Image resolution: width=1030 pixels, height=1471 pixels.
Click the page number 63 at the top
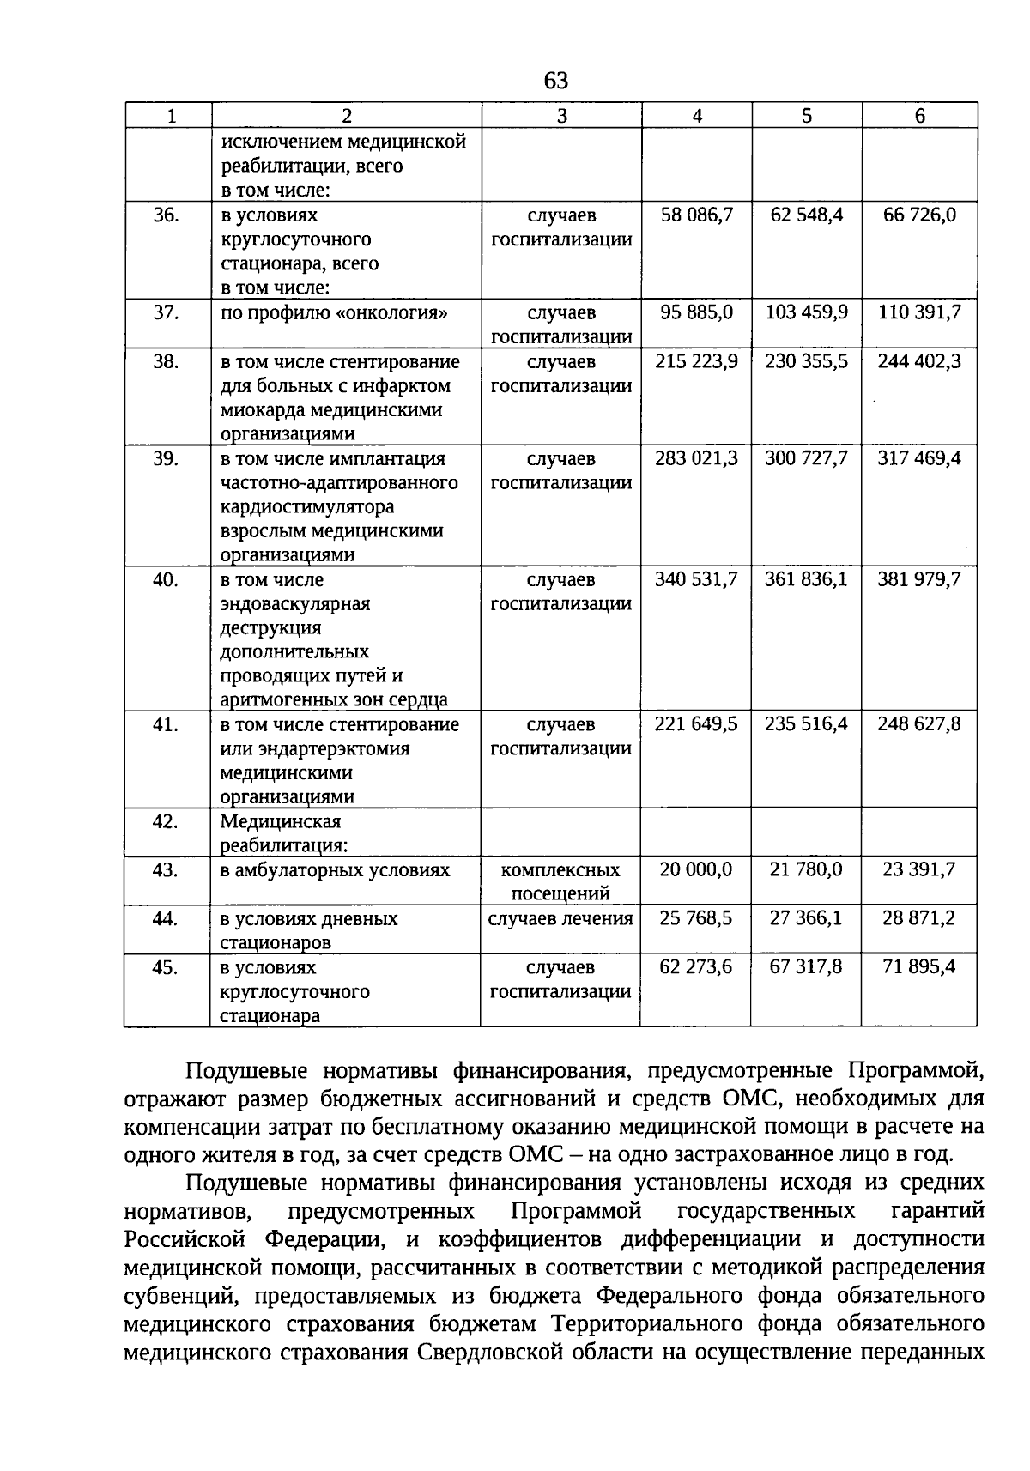[556, 81]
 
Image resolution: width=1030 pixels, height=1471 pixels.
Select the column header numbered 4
[697, 117]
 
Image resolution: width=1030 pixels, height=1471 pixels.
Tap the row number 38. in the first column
[166, 362]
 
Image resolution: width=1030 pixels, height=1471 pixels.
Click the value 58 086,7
[697, 215]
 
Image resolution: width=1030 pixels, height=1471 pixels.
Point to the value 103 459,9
[806, 312]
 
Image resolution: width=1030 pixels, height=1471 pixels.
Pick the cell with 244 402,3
[919, 362]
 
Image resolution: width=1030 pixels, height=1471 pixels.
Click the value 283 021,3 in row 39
[697, 458]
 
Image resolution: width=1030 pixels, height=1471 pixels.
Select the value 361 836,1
[806, 579]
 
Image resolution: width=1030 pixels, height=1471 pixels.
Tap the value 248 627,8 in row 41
[919, 724]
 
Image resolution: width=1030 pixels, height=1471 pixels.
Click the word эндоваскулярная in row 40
[295, 604]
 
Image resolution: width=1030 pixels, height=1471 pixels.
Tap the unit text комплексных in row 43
[560, 870]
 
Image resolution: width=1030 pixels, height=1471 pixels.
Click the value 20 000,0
[697, 869]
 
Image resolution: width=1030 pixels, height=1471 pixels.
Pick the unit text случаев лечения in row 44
[560, 919]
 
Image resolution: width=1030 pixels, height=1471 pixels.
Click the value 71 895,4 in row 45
[919, 967]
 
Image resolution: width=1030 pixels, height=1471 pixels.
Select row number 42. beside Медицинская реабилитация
[166, 822]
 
